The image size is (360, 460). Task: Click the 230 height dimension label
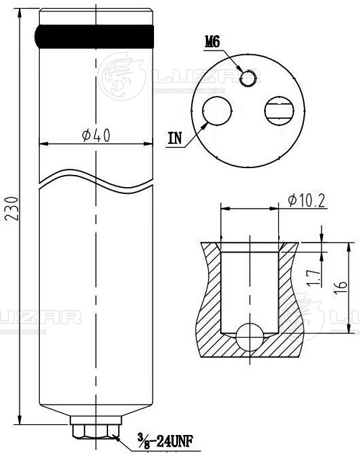[x=13, y=209]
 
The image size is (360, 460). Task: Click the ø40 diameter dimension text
[x=96, y=136]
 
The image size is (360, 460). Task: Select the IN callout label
[x=175, y=138]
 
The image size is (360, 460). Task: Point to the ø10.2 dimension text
[x=307, y=201]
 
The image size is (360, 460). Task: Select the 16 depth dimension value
[x=340, y=288]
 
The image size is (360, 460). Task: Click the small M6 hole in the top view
[x=248, y=78]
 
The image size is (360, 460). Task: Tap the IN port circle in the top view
[x=217, y=111]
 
